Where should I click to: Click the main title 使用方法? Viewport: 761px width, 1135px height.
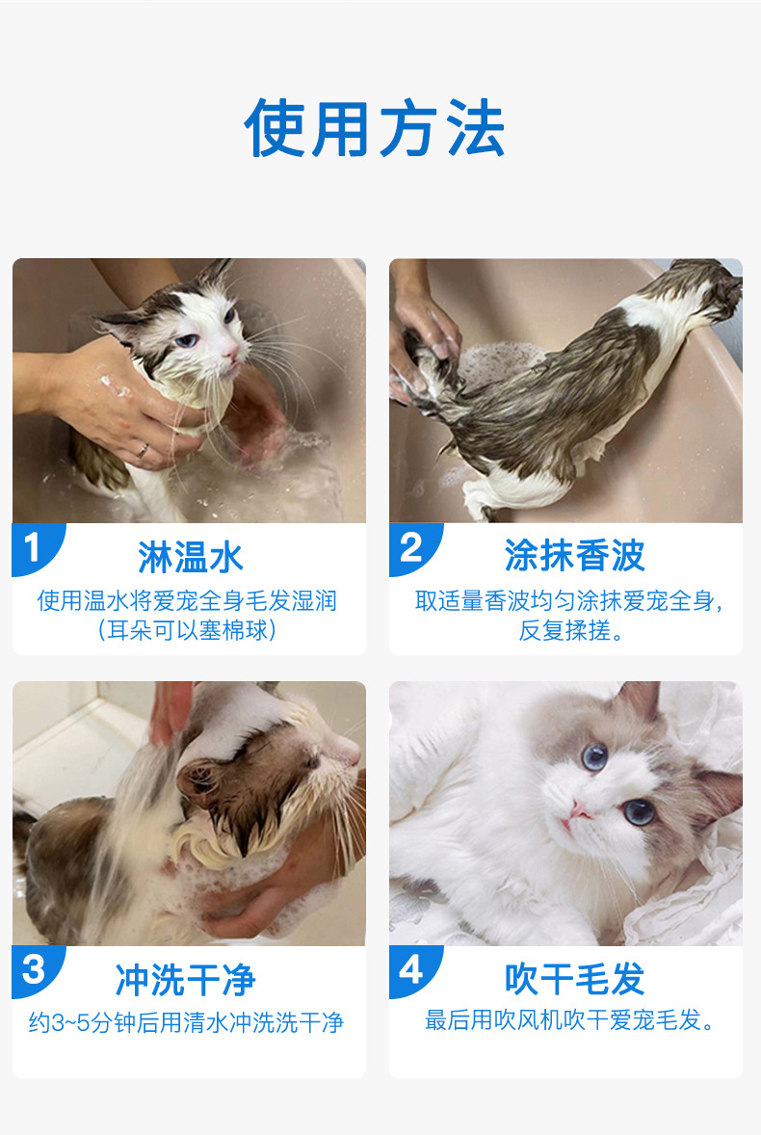[x=375, y=129]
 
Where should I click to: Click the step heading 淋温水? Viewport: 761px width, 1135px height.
[x=191, y=557]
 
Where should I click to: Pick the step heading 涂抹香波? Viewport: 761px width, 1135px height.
[x=574, y=556]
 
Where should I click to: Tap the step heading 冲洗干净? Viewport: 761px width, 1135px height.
[x=185, y=980]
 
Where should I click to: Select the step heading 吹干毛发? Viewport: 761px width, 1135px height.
[x=574, y=979]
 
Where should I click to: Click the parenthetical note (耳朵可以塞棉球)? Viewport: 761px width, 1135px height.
[x=187, y=630]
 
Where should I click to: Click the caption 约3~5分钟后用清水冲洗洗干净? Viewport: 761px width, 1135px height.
[x=186, y=1022]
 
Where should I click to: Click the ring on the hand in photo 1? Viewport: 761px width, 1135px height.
[x=144, y=451]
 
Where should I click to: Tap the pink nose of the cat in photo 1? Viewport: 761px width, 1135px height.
[x=231, y=353]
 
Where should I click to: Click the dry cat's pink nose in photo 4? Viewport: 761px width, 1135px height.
[x=579, y=810]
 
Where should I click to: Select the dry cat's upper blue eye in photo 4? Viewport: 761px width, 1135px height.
[x=594, y=757]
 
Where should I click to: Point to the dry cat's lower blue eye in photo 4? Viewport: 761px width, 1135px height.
[x=641, y=812]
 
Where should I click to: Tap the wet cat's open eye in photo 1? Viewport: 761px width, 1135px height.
[x=187, y=340]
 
